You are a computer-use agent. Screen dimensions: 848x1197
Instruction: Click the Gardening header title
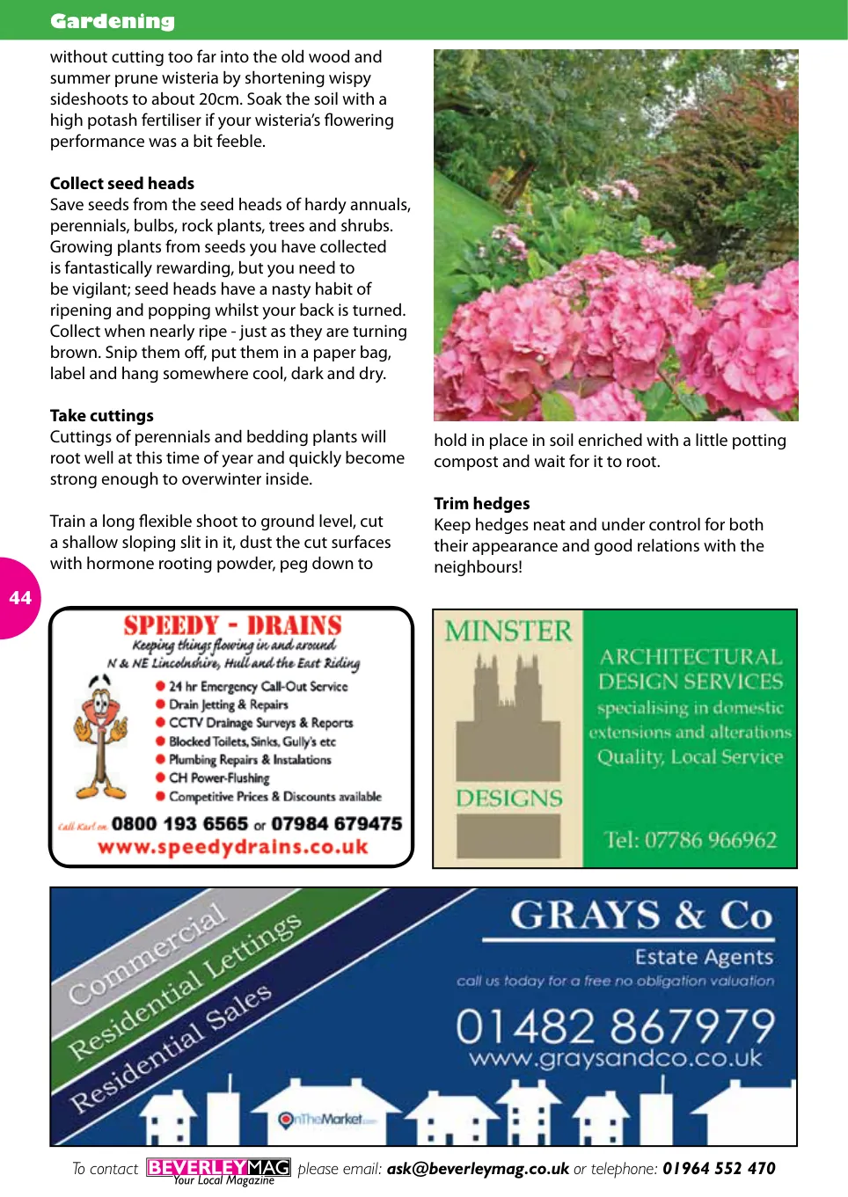coord(113,21)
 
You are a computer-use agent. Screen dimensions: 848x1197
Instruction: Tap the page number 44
coord(19,598)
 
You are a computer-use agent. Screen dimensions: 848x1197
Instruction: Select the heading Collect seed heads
coord(122,183)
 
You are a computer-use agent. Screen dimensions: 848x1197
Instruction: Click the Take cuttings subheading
coord(102,415)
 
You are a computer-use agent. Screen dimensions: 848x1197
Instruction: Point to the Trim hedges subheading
coord(482,503)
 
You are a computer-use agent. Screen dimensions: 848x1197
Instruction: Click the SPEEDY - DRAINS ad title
coord(232,625)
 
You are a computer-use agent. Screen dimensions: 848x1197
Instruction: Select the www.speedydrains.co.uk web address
coord(233,847)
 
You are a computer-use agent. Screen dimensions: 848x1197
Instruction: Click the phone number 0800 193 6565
coord(179,824)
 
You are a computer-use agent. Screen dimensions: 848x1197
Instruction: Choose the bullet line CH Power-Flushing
coord(219,777)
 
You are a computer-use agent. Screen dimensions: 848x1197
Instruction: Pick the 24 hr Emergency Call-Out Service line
coord(258,686)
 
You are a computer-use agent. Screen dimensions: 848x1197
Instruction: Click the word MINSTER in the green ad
coord(508,631)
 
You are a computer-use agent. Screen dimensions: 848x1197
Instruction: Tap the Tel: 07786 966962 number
coord(691,840)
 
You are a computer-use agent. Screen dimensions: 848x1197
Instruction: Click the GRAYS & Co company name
coord(641,916)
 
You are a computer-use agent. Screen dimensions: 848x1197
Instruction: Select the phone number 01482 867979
coord(615,1025)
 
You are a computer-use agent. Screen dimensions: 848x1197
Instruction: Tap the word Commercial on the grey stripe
coord(148,954)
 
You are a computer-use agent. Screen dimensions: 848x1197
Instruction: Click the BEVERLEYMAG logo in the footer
coord(218,1168)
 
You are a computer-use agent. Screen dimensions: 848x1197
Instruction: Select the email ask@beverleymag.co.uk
coord(478,1169)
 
